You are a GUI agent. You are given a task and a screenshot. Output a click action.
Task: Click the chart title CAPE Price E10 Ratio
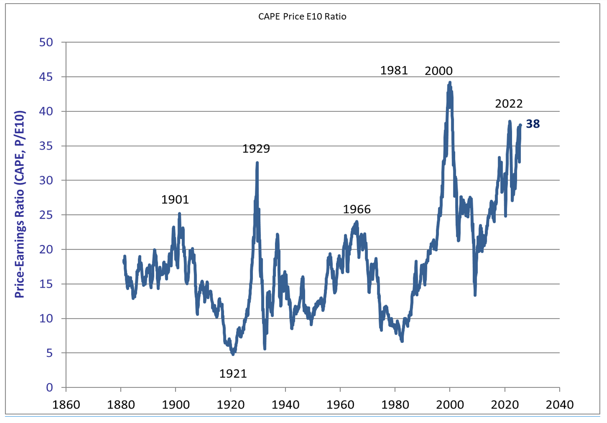(x=302, y=17)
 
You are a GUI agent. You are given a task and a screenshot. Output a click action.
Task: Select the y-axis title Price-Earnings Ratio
(x=20, y=204)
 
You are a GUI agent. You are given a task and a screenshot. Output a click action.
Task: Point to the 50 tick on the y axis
(x=46, y=42)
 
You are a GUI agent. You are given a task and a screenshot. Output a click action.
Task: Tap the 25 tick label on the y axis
(x=46, y=215)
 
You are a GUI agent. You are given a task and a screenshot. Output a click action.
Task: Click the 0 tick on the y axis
(x=49, y=387)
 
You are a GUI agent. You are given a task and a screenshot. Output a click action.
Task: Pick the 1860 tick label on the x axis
(x=66, y=405)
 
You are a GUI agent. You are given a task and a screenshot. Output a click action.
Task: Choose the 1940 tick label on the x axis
(x=285, y=405)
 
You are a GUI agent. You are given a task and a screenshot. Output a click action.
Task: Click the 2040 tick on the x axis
(x=559, y=405)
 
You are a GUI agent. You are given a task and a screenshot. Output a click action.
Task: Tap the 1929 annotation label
(x=256, y=148)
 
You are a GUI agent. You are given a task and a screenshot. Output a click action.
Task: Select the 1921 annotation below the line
(x=233, y=374)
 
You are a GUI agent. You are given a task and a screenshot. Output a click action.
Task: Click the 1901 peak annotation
(x=175, y=200)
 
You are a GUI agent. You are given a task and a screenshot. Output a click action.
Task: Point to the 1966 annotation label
(x=357, y=209)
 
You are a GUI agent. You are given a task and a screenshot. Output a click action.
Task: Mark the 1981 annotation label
(x=394, y=70)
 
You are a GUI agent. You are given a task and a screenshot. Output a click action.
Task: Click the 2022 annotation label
(x=509, y=104)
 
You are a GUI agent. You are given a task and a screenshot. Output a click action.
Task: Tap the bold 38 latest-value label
(x=533, y=124)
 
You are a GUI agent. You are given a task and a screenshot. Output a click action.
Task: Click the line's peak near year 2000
(x=450, y=83)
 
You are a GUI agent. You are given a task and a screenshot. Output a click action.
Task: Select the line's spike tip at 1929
(x=257, y=163)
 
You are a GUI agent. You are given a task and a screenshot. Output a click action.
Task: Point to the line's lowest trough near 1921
(x=233, y=354)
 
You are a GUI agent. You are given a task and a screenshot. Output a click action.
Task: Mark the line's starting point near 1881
(x=123, y=261)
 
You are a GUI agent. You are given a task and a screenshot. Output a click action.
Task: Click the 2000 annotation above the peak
(x=438, y=71)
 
